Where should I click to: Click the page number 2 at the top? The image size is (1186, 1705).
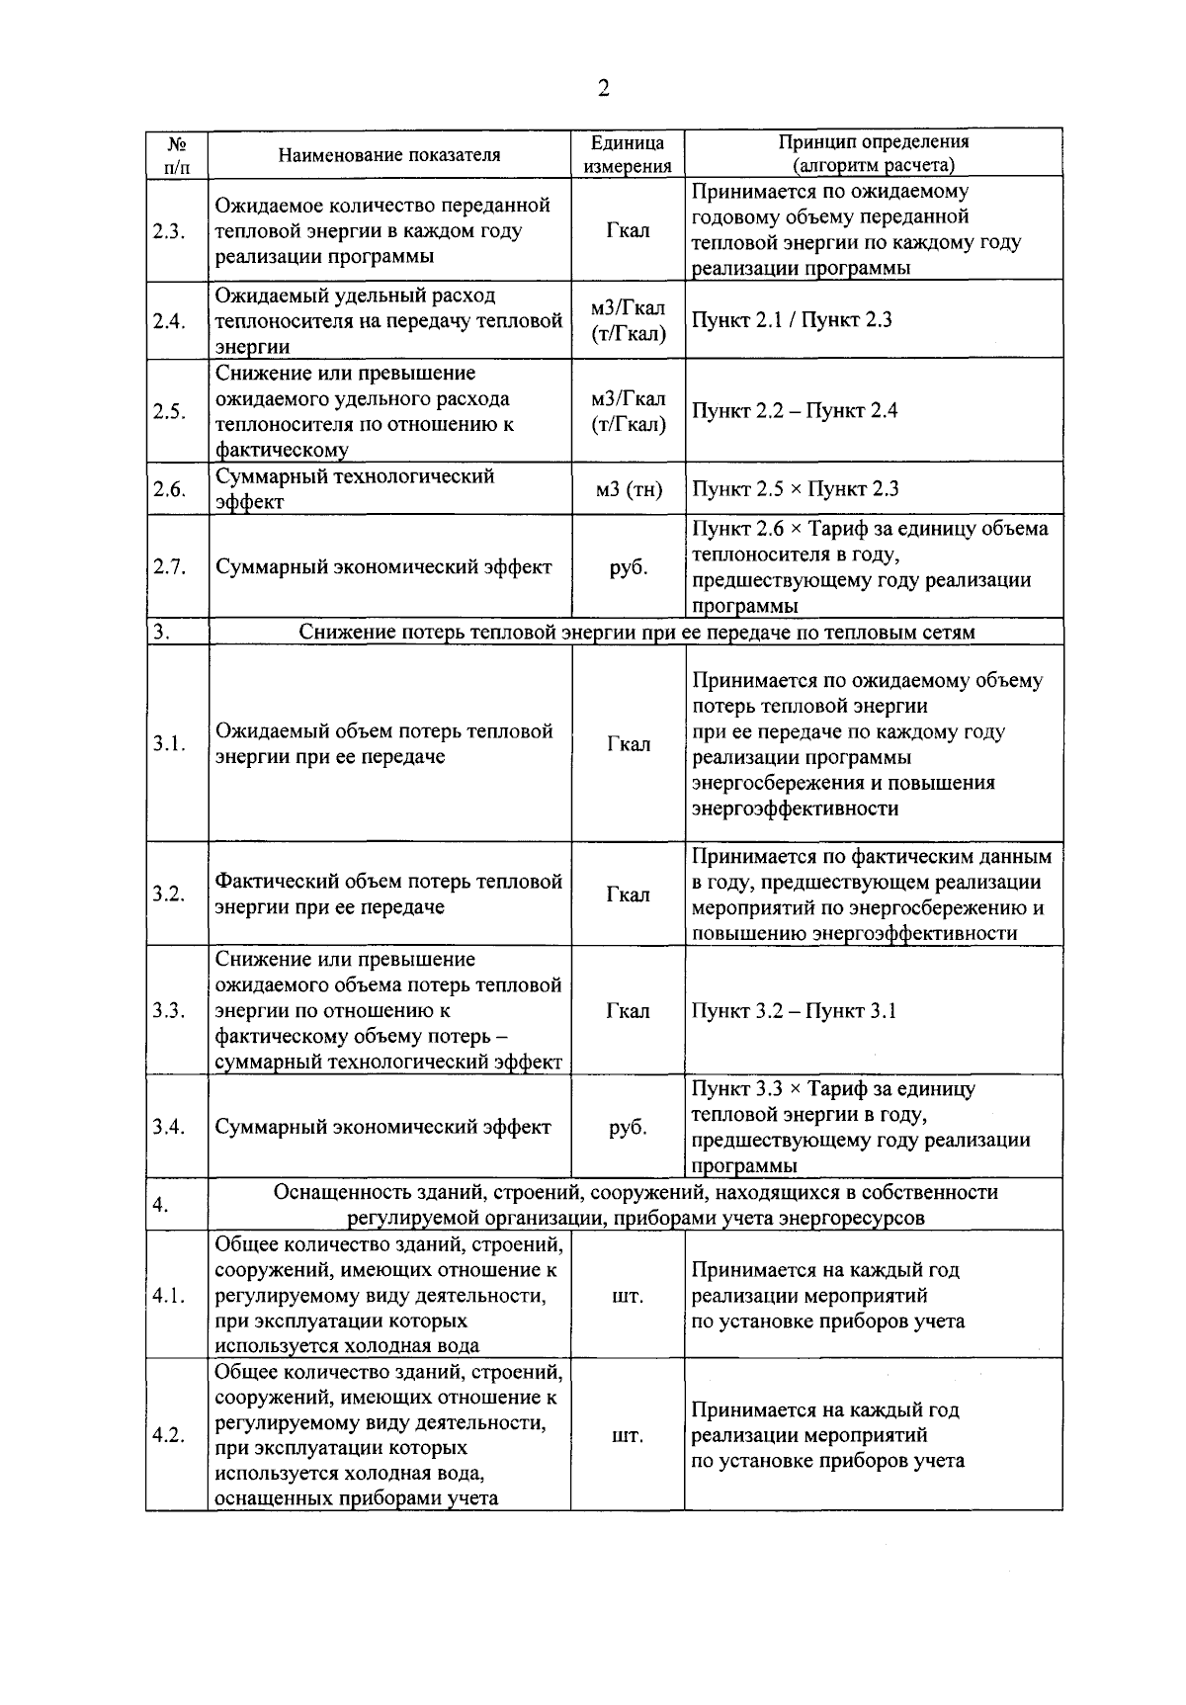[603, 89]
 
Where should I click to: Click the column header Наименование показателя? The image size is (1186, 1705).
[388, 154]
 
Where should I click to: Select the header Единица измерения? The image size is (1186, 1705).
[628, 154]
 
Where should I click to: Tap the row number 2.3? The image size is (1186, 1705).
[169, 231]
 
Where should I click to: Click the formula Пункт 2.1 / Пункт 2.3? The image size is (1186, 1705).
[792, 319]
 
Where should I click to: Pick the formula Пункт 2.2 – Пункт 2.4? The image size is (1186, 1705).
[794, 411]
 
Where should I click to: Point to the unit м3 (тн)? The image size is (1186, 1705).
[629, 489]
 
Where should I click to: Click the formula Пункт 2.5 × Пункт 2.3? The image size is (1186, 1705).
[795, 489]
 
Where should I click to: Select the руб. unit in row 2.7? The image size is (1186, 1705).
[629, 567]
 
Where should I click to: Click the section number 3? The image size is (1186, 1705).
[160, 633]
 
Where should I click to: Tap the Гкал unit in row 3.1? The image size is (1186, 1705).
[629, 744]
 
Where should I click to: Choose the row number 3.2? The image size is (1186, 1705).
[169, 895]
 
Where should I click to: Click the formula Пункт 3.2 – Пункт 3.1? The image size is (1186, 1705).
[794, 1011]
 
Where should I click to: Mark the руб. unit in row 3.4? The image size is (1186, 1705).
[629, 1128]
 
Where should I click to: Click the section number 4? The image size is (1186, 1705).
[160, 1205]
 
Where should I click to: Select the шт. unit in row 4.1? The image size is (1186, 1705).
[629, 1296]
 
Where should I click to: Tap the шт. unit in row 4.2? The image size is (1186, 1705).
[629, 1435]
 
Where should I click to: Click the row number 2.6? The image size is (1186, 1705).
[169, 489]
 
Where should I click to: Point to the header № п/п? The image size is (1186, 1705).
[177, 154]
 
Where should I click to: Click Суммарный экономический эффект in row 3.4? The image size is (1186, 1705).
[383, 1128]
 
